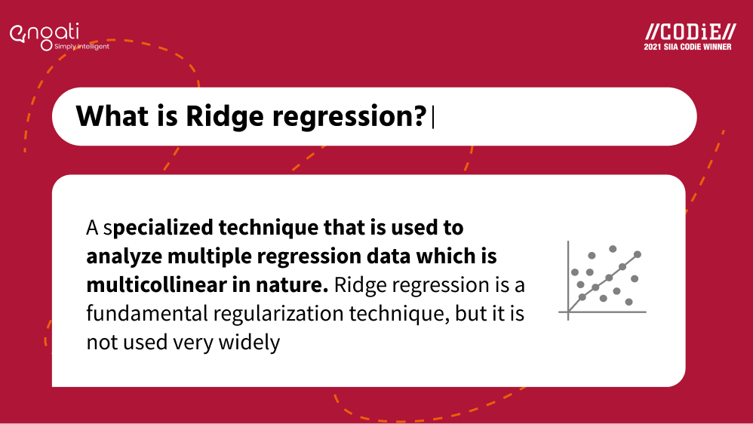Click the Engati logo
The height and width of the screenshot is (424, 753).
coord(45,36)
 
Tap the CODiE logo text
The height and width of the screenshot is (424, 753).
coord(690,32)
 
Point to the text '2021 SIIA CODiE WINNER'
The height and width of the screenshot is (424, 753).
coord(687,47)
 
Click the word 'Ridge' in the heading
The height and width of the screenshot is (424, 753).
coord(225,117)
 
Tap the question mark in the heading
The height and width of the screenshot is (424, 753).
coord(420,115)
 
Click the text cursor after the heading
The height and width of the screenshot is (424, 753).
coord(433,118)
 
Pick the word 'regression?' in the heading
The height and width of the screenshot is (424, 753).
coord(349,118)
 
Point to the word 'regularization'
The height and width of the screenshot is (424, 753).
coord(278,315)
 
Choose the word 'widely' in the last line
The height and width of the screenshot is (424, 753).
coord(249,343)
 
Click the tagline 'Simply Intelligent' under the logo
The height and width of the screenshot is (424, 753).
coord(81,47)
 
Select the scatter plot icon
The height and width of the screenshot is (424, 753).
coord(603,281)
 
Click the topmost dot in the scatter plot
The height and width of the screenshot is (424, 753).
coord(613,249)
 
